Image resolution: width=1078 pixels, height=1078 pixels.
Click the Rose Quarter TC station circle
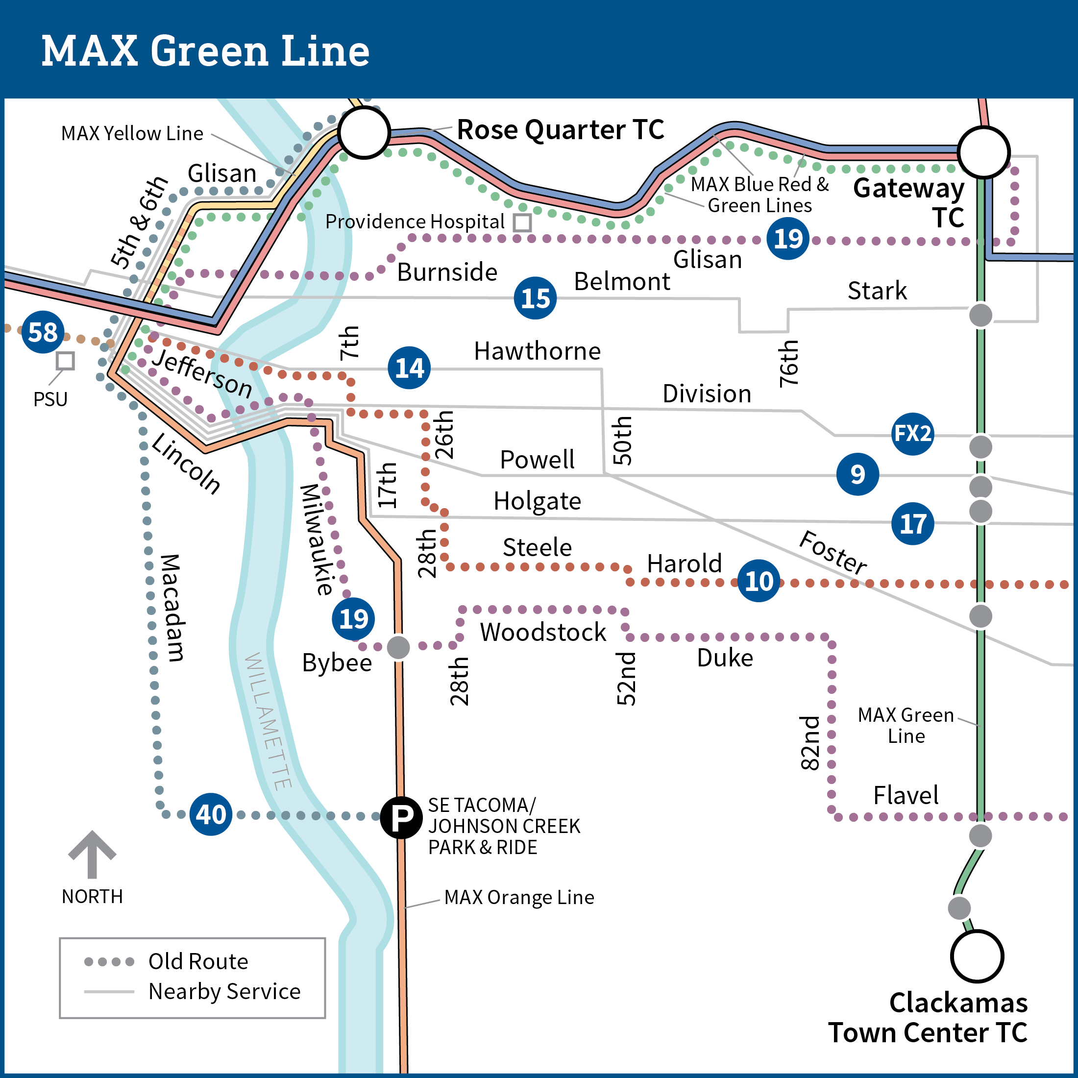click(x=364, y=133)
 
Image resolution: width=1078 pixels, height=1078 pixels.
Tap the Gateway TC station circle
click(x=984, y=152)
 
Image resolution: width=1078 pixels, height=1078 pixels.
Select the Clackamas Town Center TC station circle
click(x=977, y=956)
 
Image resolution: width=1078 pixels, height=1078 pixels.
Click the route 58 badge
click(x=43, y=332)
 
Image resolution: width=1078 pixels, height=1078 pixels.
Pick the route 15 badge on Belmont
click(x=535, y=298)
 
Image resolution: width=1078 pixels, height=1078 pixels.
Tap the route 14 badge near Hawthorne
click(x=409, y=367)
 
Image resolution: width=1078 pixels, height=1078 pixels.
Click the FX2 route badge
click(x=913, y=434)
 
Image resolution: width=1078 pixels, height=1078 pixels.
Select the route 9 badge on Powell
click(x=857, y=474)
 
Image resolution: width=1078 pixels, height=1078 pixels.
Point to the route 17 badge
click(x=913, y=523)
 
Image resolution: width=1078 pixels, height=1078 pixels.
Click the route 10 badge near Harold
click(x=759, y=581)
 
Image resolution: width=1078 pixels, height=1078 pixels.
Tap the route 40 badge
click(x=211, y=814)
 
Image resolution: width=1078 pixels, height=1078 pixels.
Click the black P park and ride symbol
click(x=401, y=817)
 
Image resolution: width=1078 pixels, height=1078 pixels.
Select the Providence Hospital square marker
click(x=522, y=222)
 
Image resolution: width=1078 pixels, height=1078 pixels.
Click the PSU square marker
click(x=65, y=361)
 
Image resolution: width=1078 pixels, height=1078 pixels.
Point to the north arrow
click(x=92, y=854)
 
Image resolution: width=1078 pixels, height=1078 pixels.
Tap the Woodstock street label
click(x=543, y=632)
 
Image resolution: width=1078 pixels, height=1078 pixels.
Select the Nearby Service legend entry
click(x=192, y=991)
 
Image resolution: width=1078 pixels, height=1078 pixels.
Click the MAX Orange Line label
click(x=519, y=897)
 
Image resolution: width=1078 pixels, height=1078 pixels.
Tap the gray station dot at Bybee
click(x=398, y=647)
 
